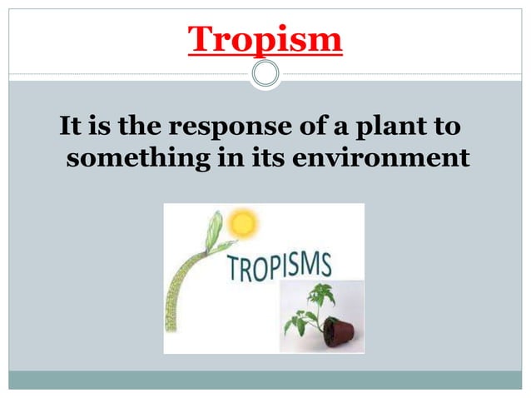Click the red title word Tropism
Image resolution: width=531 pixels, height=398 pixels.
click(265, 39)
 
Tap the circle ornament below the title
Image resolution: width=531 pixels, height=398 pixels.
click(265, 74)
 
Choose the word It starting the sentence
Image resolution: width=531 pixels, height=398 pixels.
click(70, 130)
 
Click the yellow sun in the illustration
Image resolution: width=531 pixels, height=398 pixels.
click(242, 223)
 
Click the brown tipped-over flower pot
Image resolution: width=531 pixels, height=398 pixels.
click(339, 331)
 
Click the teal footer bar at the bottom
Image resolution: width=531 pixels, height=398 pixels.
click(265, 380)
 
